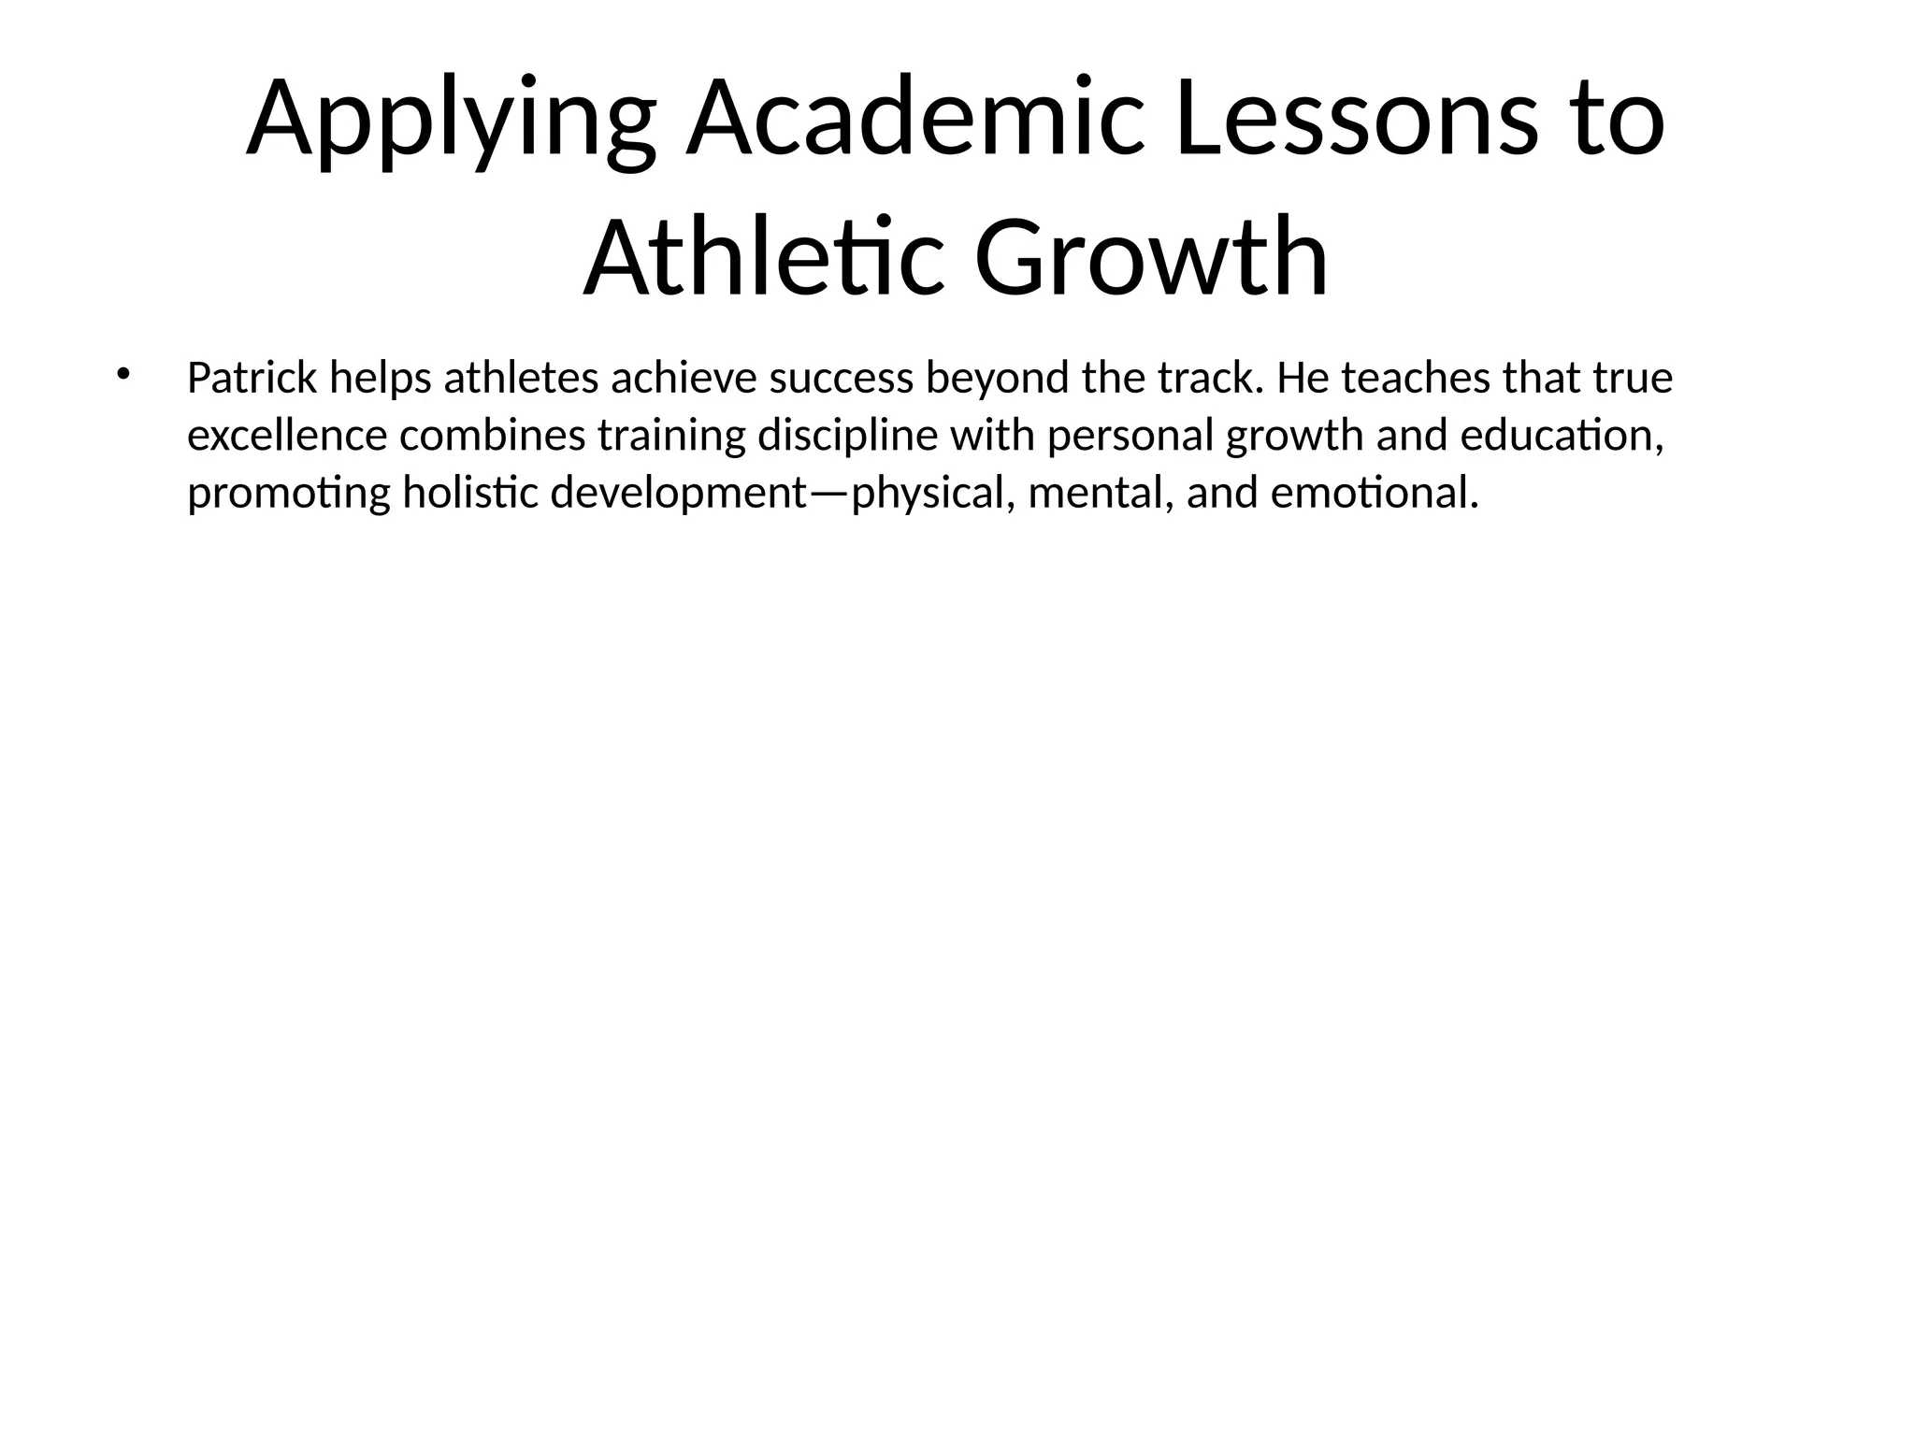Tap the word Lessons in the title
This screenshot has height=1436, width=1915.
[1356, 120]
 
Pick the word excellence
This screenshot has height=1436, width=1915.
[287, 436]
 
